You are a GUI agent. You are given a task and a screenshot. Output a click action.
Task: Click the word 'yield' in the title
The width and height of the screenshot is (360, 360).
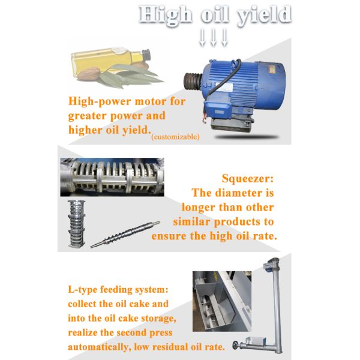[x=264, y=16]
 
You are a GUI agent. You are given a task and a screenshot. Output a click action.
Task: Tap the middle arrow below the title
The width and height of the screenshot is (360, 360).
[x=214, y=37]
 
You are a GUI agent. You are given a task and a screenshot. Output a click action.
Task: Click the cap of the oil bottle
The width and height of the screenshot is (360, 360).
[x=146, y=55]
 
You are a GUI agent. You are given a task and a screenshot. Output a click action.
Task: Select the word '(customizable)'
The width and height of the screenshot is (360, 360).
[x=175, y=137]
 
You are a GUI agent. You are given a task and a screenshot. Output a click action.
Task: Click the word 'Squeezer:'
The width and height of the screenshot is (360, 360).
[x=248, y=178]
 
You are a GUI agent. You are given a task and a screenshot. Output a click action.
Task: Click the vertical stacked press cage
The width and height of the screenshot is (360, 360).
[x=76, y=224]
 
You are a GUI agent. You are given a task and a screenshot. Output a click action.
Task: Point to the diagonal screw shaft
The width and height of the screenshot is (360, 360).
[x=125, y=234]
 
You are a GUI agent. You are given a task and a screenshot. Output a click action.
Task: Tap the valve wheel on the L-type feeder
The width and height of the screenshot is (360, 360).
[x=235, y=345]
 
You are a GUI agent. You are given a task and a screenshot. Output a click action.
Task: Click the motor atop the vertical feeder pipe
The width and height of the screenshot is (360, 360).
[x=272, y=264]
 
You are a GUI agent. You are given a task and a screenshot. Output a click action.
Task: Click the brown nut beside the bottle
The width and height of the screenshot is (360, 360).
[x=88, y=74]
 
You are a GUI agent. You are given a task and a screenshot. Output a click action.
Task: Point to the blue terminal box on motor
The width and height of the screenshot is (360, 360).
[x=217, y=109]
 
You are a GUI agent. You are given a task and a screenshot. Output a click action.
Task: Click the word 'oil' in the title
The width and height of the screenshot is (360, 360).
[x=215, y=14]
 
